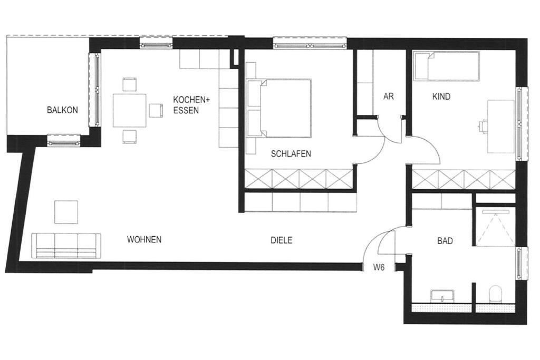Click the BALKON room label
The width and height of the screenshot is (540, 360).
(62, 110)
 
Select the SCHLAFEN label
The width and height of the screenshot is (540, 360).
(291, 153)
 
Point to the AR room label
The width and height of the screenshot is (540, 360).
(389, 96)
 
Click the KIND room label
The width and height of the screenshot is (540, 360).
(441, 96)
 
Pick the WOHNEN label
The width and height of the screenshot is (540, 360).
(144, 239)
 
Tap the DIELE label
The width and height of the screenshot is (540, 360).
(282, 240)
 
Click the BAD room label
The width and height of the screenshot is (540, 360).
(445, 240)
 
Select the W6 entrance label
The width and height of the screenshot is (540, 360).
(379, 267)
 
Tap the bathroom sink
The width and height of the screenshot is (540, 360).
(442, 296)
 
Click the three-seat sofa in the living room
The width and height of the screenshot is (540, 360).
(66, 246)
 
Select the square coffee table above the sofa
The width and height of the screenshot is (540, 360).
(66, 212)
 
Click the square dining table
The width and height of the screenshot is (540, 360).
(130, 110)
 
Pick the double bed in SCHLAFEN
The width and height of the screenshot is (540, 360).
(279, 108)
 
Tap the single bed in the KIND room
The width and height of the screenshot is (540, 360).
(447, 66)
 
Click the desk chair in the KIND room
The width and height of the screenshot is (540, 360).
(483, 127)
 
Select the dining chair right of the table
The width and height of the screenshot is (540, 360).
(156, 111)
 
